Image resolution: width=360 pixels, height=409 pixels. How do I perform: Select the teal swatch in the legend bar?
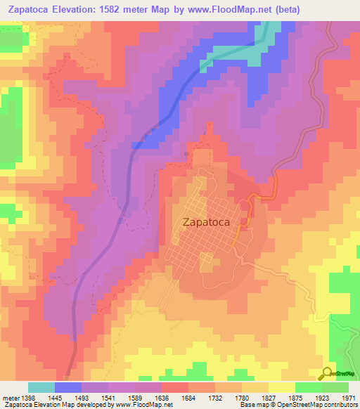tap(41, 387)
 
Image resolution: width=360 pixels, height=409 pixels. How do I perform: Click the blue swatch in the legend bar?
tap(68, 387)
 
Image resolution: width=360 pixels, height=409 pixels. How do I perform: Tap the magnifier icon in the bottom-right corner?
tap(326, 373)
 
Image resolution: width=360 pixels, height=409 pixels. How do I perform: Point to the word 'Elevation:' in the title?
tap(79, 10)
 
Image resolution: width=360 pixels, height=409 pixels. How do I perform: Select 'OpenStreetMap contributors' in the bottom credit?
tap(319, 405)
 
